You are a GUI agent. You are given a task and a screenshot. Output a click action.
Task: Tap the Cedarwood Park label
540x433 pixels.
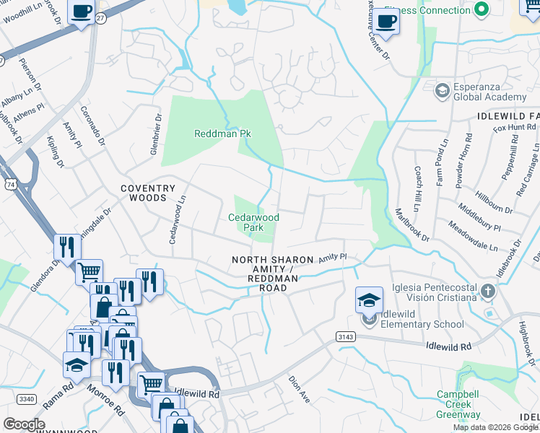(x=253, y=222)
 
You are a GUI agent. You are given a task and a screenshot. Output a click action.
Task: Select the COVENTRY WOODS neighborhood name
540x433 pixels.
(x=147, y=193)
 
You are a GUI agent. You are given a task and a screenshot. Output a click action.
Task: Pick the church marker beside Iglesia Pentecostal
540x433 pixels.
(x=488, y=292)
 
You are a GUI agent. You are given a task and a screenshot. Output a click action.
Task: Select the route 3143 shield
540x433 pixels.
(x=345, y=336)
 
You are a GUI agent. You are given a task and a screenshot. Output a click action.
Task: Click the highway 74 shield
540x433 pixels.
(x=11, y=185)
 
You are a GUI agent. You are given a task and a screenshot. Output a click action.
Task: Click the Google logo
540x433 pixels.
(x=24, y=424)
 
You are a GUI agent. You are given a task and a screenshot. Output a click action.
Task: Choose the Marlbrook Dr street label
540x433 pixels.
(x=412, y=225)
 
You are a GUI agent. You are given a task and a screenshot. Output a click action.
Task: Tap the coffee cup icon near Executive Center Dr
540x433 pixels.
(x=386, y=21)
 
